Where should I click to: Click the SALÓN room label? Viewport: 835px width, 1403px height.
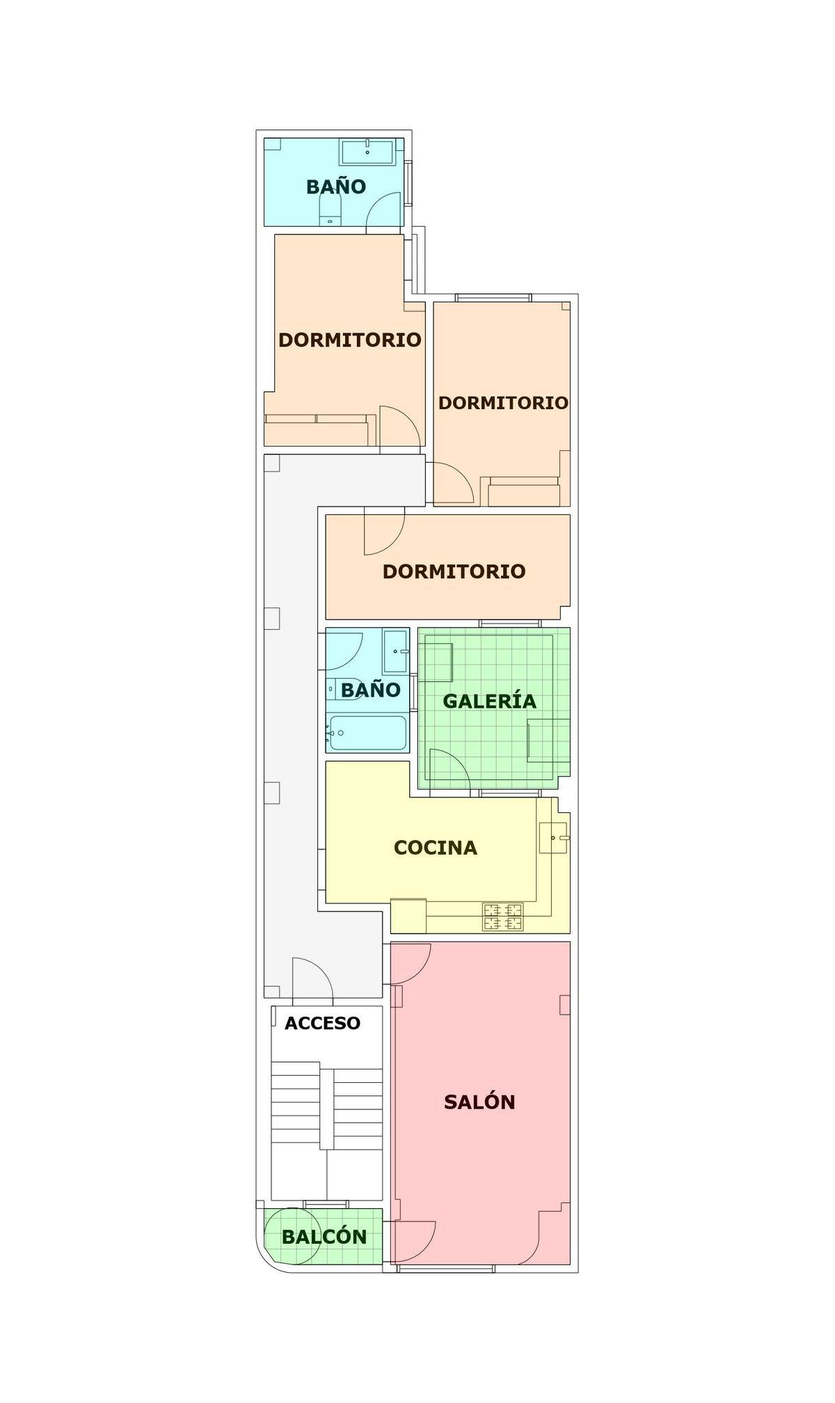pyautogui.click(x=479, y=1102)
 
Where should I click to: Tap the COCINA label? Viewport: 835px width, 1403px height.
pyautogui.click(x=436, y=848)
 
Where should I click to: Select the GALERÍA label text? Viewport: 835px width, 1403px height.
pyautogui.click(x=490, y=701)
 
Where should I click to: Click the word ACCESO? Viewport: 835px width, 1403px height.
pyautogui.click(x=323, y=1023)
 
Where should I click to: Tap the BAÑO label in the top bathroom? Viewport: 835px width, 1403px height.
pyautogui.click(x=336, y=187)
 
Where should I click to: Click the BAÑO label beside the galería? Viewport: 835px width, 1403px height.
pyautogui.click(x=371, y=690)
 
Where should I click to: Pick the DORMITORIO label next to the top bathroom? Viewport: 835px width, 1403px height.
pyautogui.click(x=350, y=340)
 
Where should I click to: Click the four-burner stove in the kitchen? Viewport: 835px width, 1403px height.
pyautogui.click(x=503, y=917)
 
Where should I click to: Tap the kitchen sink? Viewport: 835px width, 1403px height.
pyautogui.click(x=554, y=837)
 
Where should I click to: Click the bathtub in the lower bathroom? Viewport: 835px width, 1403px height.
pyautogui.click(x=367, y=734)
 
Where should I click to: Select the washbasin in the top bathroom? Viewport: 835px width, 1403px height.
pyautogui.click(x=367, y=152)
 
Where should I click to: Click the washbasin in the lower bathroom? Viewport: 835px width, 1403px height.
pyautogui.click(x=395, y=651)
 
